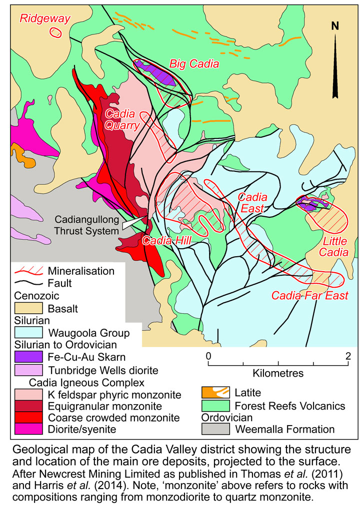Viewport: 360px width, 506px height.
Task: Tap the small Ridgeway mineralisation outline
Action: (x=54, y=32)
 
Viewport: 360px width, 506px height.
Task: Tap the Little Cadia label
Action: (x=334, y=247)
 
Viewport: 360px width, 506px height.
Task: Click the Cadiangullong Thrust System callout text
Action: (x=88, y=225)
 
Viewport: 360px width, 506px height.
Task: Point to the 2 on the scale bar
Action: (x=347, y=356)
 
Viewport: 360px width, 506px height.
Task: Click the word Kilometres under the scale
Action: (x=278, y=373)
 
